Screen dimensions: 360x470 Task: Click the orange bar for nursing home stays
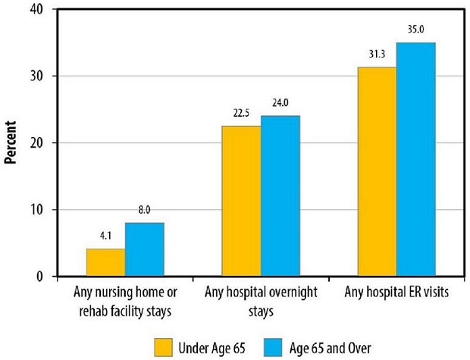[x=106, y=262]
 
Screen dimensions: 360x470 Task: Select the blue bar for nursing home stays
[x=145, y=249]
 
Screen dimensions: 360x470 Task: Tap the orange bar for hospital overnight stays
[x=241, y=201]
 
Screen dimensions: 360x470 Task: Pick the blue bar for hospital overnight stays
[x=280, y=196]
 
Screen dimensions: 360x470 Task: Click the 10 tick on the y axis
[x=36, y=210]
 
